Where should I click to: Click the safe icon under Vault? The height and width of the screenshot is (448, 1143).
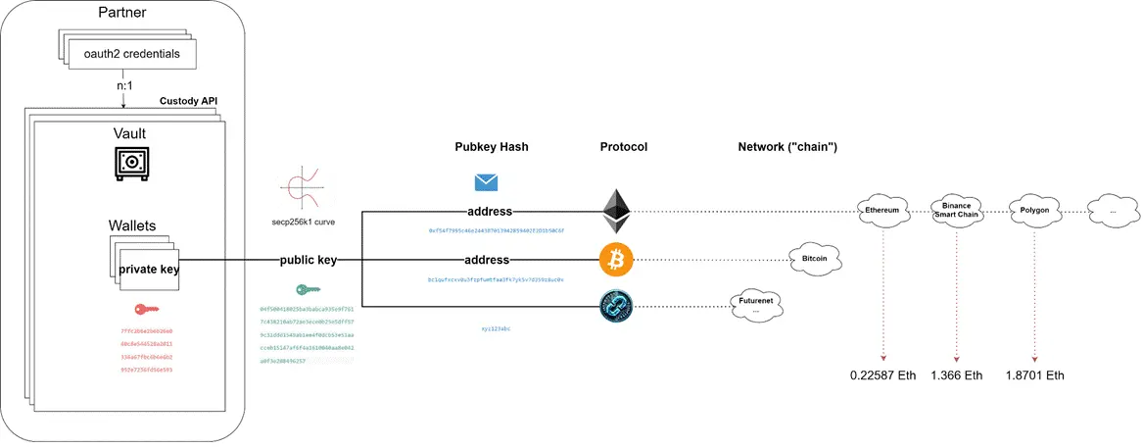click(x=130, y=163)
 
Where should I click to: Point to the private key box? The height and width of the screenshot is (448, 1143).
click(x=147, y=270)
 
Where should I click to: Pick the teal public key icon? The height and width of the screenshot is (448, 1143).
click(x=307, y=290)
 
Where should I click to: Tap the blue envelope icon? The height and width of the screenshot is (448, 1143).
click(x=486, y=182)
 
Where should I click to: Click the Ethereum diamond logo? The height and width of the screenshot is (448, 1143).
click(x=615, y=206)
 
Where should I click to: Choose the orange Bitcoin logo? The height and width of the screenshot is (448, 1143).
click(x=614, y=260)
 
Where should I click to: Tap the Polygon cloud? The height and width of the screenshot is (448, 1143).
click(x=1035, y=210)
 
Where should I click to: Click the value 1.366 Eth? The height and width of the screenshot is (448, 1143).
click(x=957, y=375)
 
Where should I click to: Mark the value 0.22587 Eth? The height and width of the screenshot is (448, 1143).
click(x=881, y=375)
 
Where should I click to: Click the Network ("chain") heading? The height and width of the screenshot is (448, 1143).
click(x=793, y=147)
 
